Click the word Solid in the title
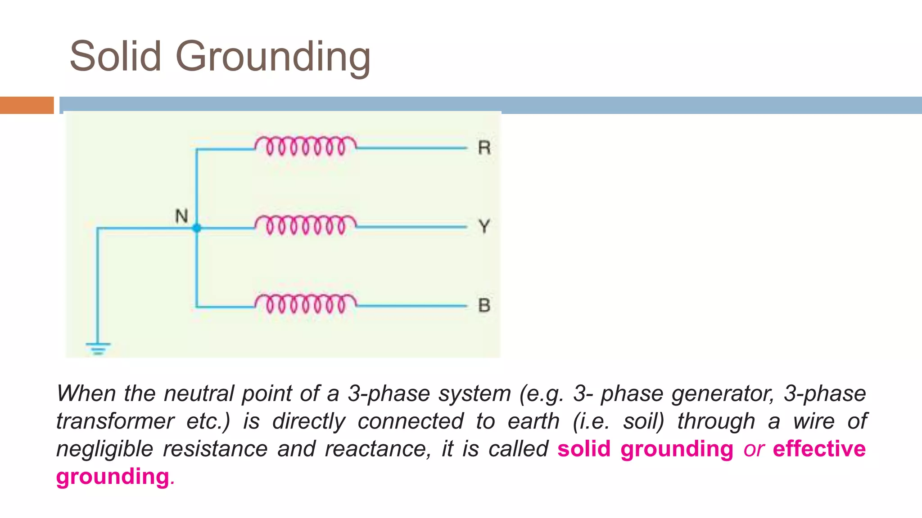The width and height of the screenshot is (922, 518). coord(115,56)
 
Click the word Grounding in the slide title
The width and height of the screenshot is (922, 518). coord(273,57)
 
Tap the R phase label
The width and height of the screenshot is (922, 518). coord(484,147)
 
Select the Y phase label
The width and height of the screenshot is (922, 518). coord(484,226)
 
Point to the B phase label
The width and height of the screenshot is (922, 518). coord(484,305)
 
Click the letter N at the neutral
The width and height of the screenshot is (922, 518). coord(181,216)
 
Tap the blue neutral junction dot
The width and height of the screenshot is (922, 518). coord(197,228)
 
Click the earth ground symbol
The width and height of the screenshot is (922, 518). coord(98,348)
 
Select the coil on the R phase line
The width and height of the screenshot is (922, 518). coord(305,146)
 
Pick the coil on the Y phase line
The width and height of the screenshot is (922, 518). coord(305,225)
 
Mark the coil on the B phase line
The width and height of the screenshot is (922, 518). coord(305,304)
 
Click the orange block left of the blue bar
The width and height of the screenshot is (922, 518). coord(27,105)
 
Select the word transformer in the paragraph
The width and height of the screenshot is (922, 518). coord(115,422)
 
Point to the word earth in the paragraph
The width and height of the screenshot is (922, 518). coord(533,422)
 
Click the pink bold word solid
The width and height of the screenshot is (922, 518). coord(584,449)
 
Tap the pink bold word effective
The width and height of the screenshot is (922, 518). coord(819,449)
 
